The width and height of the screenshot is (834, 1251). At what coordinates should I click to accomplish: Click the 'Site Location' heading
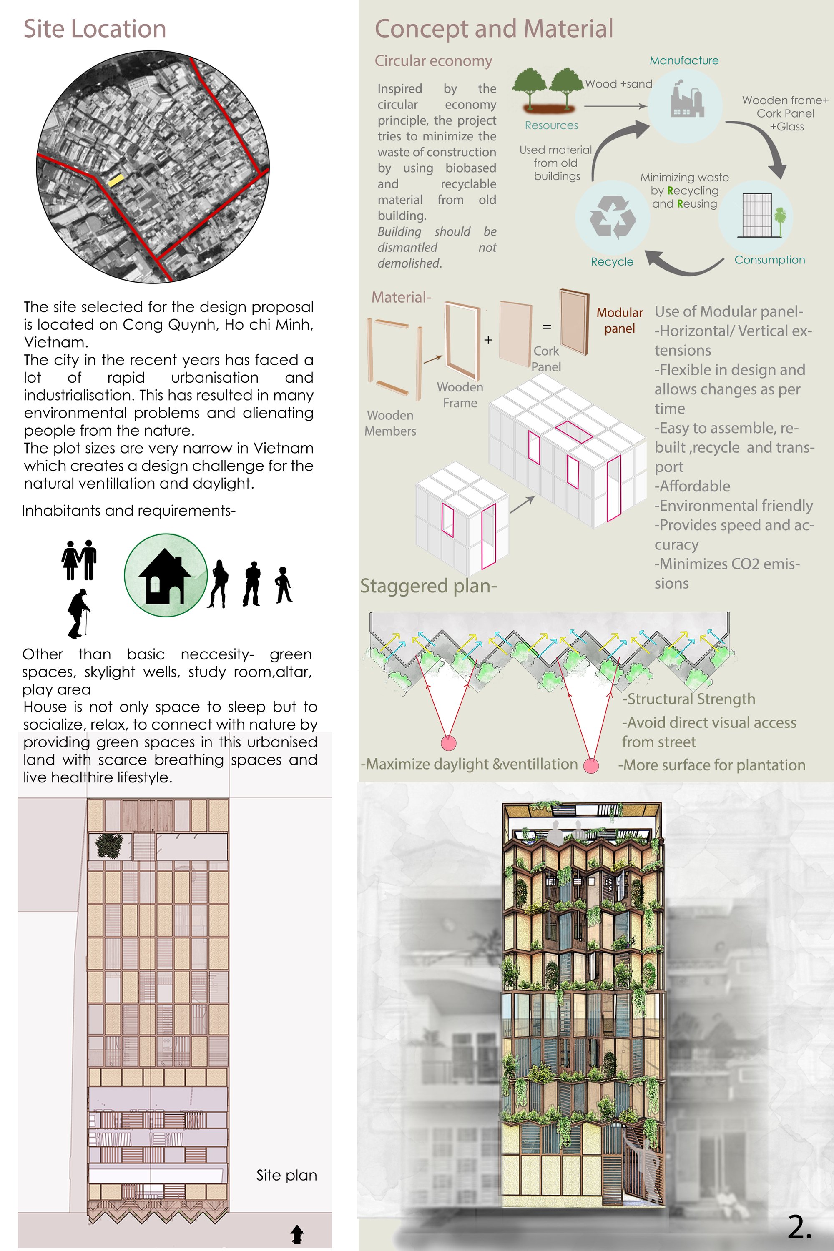pyautogui.click(x=95, y=29)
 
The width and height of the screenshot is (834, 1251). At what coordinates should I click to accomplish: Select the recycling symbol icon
pyautogui.click(x=612, y=217)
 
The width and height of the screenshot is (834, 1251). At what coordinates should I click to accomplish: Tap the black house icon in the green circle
pyautogui.click(x=165, y=576)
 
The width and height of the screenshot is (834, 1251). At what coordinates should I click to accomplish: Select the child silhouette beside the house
pyautogui.click(x=284, y=585)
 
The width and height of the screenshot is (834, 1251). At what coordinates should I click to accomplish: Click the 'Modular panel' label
pyautogui.click(x=620, y=321)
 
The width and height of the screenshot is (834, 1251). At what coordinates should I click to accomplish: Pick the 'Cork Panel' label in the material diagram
pyautogui.click(x=546, y=359)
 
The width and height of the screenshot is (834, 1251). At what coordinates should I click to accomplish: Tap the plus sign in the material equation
pyautogui.click(x=488, y=340)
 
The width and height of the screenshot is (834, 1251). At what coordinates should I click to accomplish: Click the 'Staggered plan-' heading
pyautogui.click(x=429, y=586)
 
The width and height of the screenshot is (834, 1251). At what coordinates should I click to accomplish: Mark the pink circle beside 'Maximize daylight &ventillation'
pyautogui.click(x=591, y=766)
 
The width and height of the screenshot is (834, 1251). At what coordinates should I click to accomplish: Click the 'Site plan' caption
pyautogui.click(x=287, y=1176)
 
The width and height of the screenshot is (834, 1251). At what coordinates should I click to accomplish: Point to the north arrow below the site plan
pyautogui.click(x=297, y=1234)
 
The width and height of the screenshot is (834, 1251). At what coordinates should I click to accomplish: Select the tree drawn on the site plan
pyautogui.click(x=109, y=845)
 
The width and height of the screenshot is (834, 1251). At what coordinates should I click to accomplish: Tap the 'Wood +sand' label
pyautogui.click(x=618, y=84)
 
